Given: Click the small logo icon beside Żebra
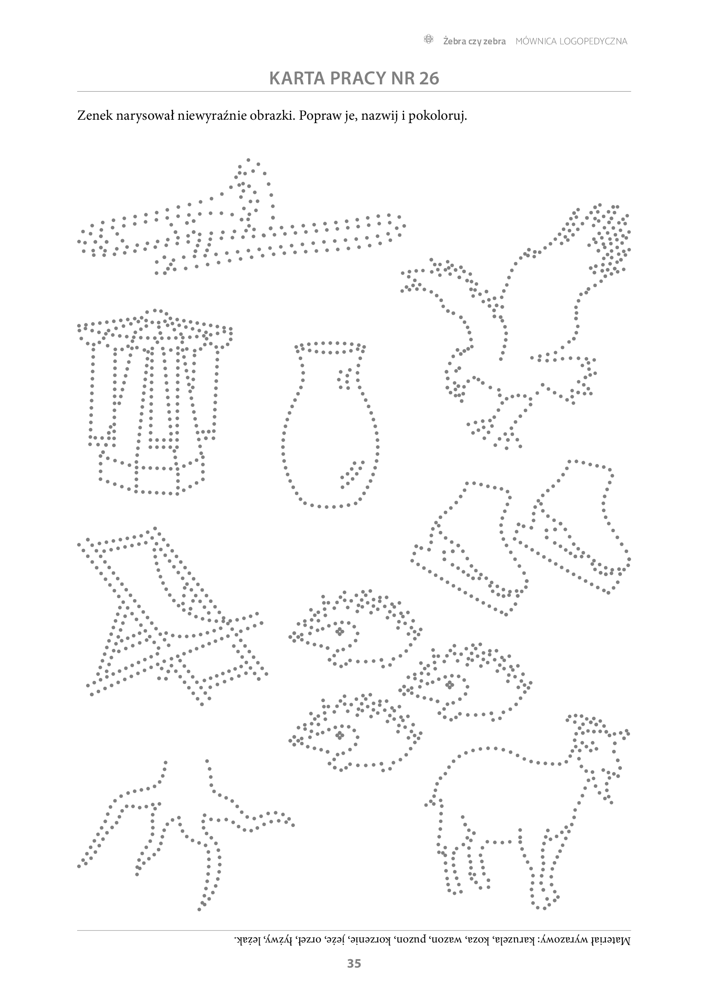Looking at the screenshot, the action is tap(429, 40).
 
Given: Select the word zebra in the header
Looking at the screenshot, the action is tap(494, 41).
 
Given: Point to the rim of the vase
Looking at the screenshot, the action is tap(330, 348).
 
